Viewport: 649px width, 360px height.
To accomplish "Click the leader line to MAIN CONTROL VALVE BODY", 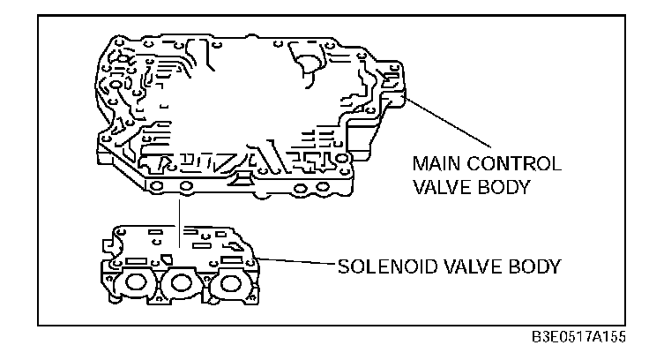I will point(450,124).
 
